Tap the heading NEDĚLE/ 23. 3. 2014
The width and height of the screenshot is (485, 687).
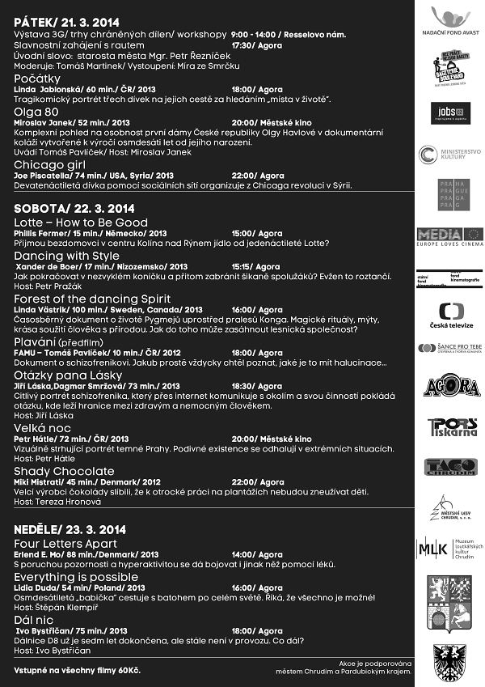pyautogui.click(x=70, y=530)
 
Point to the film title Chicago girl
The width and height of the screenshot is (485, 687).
pyautogui.click(x=51, y=164)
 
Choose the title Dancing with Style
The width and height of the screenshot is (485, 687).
pyautogui.click(x=66, y=256)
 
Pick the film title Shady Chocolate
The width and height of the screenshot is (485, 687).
pyautogui.click(x=64, y=471)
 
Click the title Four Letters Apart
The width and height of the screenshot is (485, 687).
pyautogui.click(x=65, y=543)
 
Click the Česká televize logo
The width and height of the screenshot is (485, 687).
pyautogui.click(x=456, y=315)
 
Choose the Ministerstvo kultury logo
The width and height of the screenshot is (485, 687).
pyautogui.click(x=455, y=154)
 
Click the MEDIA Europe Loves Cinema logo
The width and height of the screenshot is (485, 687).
pyautogui.click(x=455, y=235)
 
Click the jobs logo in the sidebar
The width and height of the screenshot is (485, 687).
pyautogui.click(x=455, y=112)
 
